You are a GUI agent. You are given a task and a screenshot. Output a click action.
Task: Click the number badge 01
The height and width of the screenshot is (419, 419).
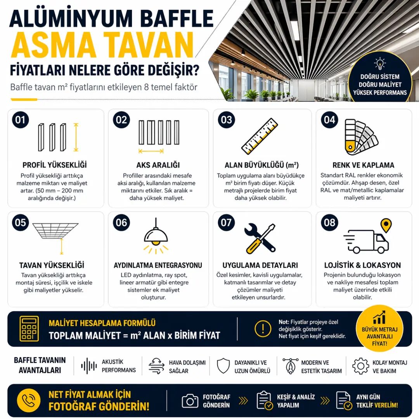click(20, 120)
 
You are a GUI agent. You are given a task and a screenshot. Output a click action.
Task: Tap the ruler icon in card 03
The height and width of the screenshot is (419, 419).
click(260, 136)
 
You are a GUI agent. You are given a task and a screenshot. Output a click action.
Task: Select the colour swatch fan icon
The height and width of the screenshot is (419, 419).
click(361, 137)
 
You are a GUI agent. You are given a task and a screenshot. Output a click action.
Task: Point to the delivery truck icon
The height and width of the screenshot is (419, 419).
click(366, 241)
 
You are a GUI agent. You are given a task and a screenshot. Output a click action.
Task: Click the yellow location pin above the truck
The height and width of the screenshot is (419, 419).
click(386, 225)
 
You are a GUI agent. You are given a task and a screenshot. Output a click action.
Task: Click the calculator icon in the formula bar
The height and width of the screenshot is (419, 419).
click(29, 329)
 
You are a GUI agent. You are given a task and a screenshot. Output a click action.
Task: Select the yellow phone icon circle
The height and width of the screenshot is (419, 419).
click(29, 400)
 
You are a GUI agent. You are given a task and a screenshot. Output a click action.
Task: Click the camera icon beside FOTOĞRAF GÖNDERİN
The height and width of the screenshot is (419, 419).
click(190, 401)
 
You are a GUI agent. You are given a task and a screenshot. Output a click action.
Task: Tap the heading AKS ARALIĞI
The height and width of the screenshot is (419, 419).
click(158, 165)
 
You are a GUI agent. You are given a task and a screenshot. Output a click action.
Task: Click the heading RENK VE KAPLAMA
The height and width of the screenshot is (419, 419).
click(364, 165)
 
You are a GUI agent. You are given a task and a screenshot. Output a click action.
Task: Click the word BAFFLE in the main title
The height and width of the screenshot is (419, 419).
click(177, 18)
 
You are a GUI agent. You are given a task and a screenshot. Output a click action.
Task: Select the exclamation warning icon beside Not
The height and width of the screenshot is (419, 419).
click(263, 329)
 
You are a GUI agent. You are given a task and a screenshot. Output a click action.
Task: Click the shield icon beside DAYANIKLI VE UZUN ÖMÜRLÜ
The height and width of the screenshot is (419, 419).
click(223, 366)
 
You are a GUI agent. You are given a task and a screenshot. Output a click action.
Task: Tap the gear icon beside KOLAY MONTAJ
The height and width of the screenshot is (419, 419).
click(360, 366)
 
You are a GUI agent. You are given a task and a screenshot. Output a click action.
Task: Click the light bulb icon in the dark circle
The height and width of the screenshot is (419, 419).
click(380, 64)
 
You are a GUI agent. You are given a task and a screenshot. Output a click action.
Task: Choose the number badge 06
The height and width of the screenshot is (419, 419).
click(121, 223)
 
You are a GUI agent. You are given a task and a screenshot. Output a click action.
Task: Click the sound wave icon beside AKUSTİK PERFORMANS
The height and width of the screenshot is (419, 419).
click(89, 366)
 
